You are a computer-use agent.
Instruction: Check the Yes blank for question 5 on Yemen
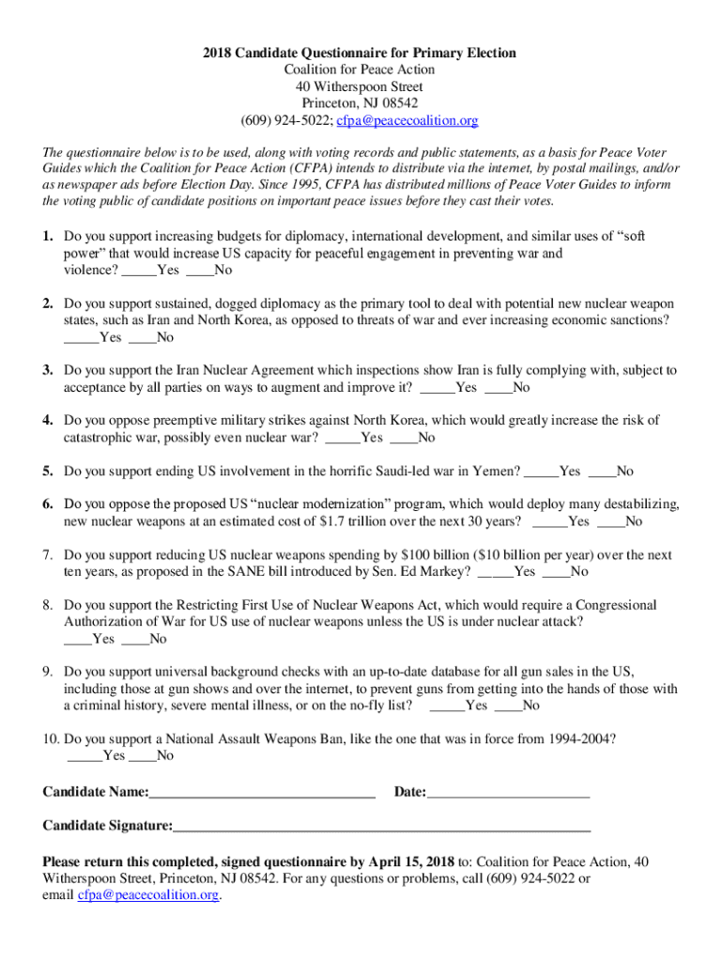coord(540,471)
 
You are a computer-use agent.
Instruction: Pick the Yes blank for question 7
coord(495,571)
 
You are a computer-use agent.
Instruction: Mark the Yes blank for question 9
coord(446,706)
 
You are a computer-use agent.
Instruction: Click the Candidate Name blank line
coord(262,793)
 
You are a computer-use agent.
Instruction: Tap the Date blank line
coord(508,793)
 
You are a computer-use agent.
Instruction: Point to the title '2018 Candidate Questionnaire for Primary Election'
coord(361,53)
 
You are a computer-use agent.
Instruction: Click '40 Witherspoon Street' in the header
coord(361,86)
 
